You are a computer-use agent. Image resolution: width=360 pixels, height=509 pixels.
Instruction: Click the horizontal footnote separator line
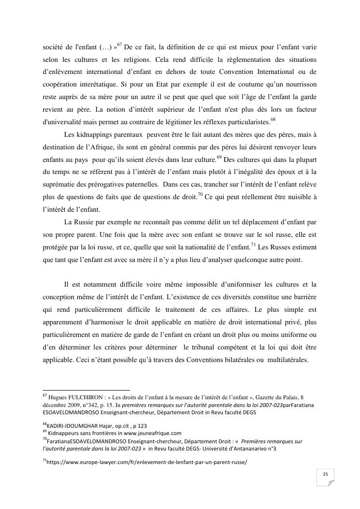tap(86, 389)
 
